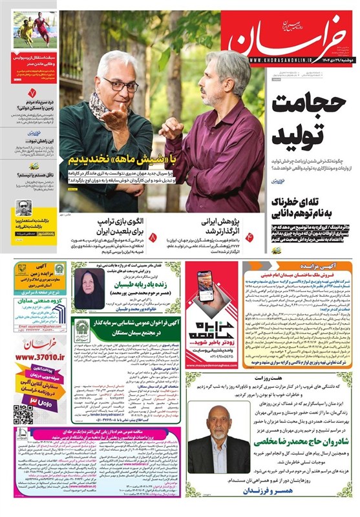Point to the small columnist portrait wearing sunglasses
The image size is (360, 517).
(24, 207)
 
